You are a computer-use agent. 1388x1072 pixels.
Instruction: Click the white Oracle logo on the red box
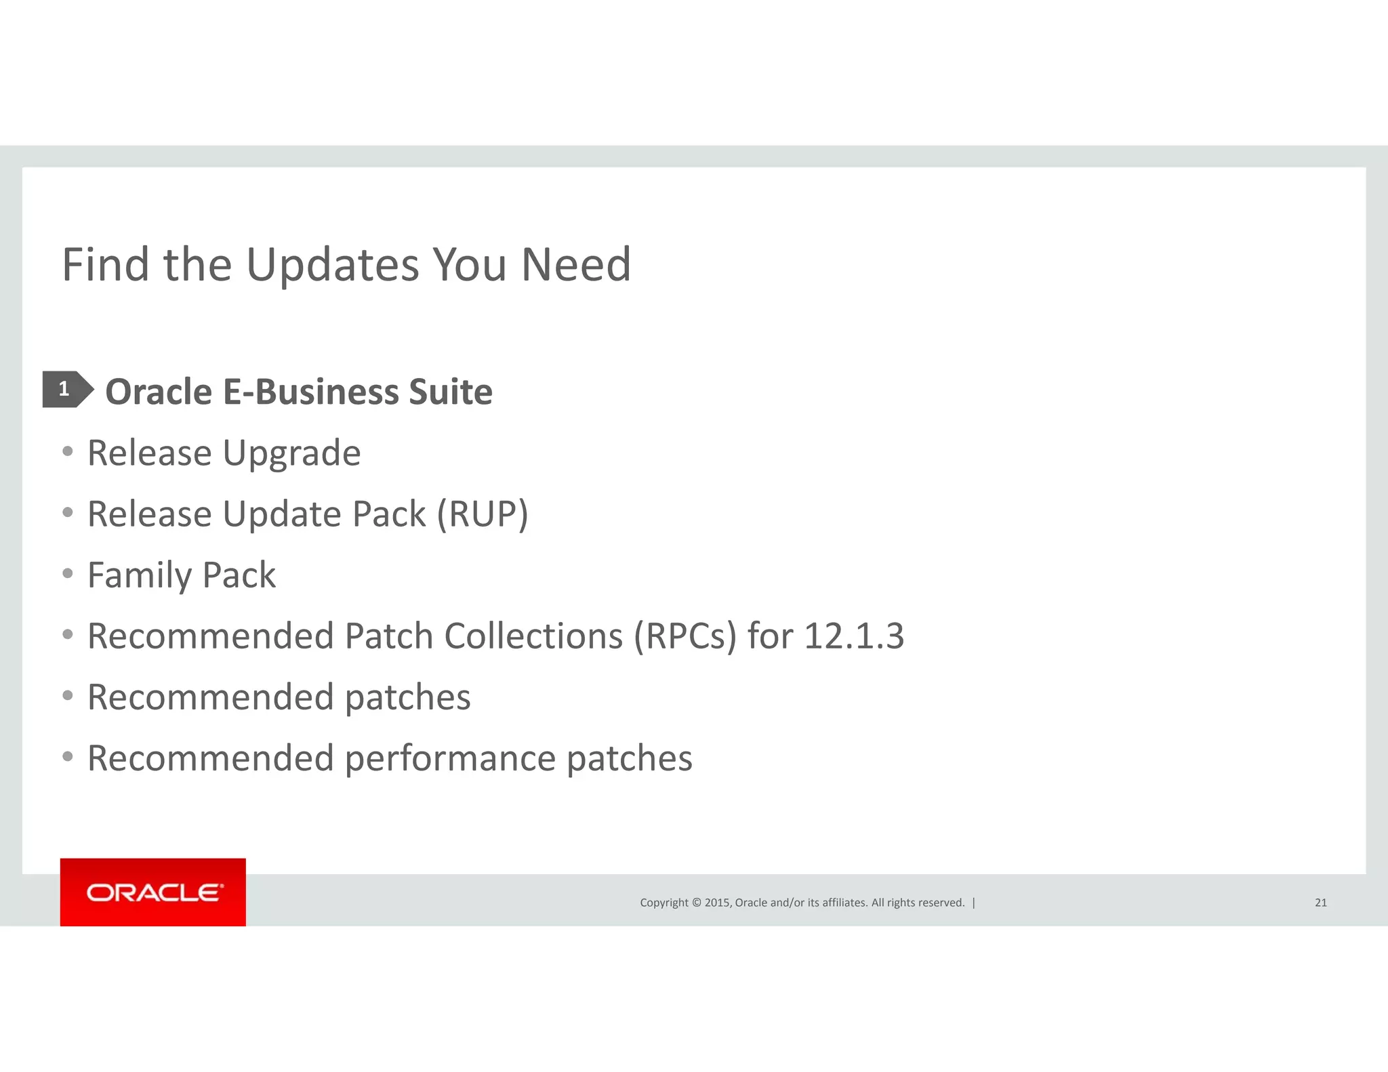coord(154,892)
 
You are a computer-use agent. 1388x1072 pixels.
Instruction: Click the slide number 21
coord(1320,903)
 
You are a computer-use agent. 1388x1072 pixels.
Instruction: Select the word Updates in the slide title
coord(333,264)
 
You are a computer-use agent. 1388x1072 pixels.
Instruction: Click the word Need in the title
coord(575,264)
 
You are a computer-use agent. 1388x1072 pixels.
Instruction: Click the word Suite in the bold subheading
coord(450,392)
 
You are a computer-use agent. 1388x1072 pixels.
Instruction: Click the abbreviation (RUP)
coord(482,514)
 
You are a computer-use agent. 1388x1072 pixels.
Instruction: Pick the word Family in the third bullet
coord(140,575)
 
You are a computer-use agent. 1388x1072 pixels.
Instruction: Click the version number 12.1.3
coord(853,636)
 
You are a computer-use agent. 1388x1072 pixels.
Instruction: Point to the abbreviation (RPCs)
coord(685,636)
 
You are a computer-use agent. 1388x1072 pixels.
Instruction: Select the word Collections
coord(533,636)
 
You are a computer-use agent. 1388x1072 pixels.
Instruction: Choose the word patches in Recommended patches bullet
coord(407,697)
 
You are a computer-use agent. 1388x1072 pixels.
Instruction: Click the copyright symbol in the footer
coord(696,903)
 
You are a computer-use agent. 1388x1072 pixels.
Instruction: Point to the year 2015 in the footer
coord(717,903)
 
